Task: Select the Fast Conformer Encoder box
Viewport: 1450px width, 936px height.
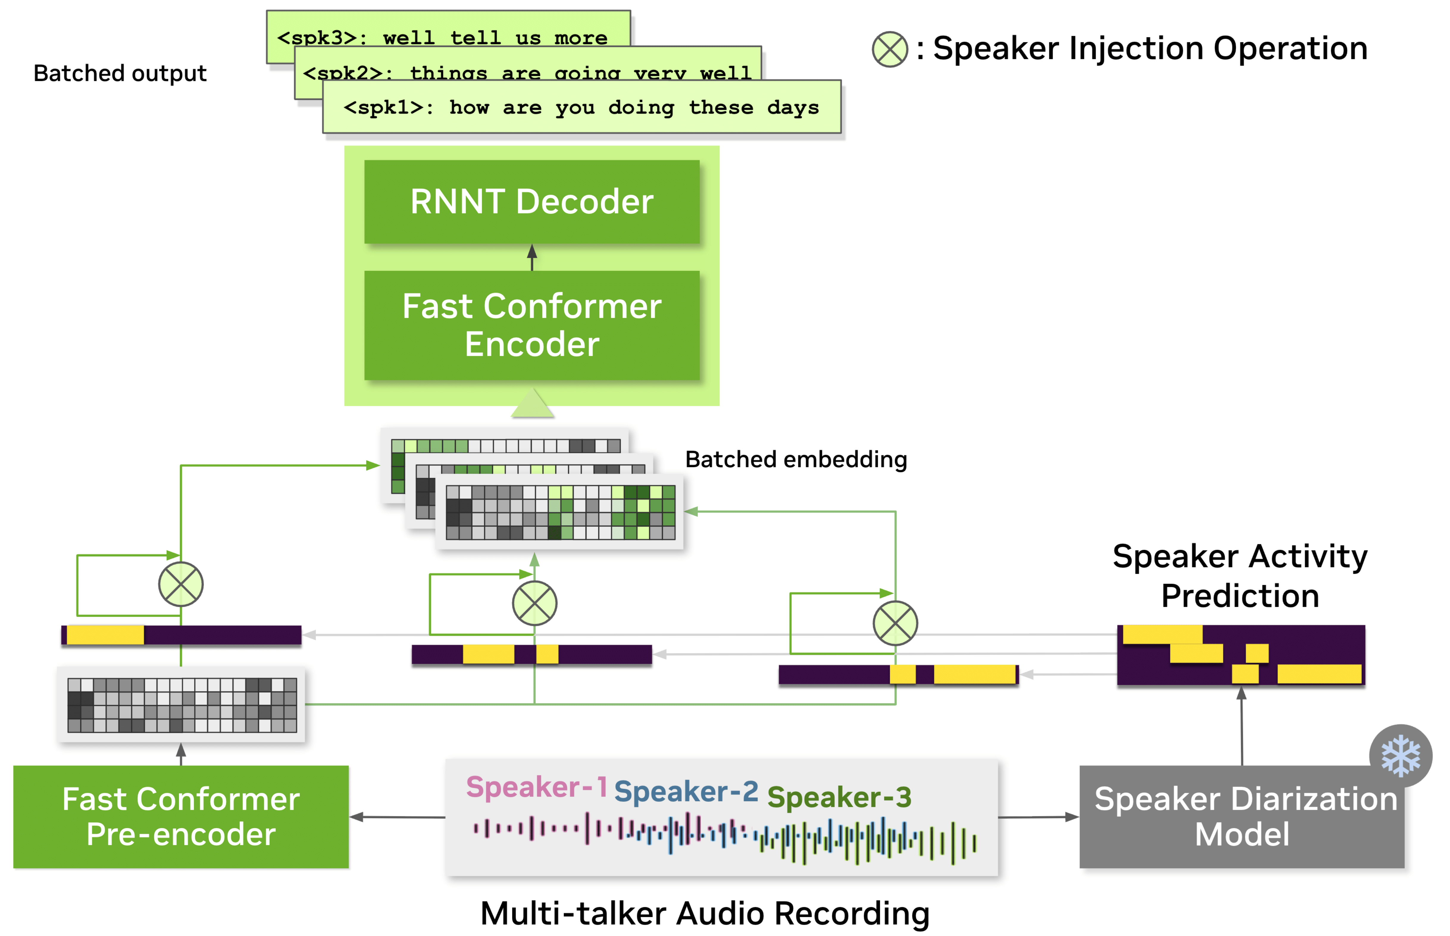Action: click(532, 325)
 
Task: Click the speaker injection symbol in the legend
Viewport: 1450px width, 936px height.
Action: click(890, 49)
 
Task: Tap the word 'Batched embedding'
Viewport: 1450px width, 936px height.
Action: click(795, 460)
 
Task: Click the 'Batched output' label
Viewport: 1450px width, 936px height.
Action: click(120, 74)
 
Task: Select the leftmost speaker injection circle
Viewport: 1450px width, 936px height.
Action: click(181, 584)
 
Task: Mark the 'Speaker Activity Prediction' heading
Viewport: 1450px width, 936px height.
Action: click(1240, 576)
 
